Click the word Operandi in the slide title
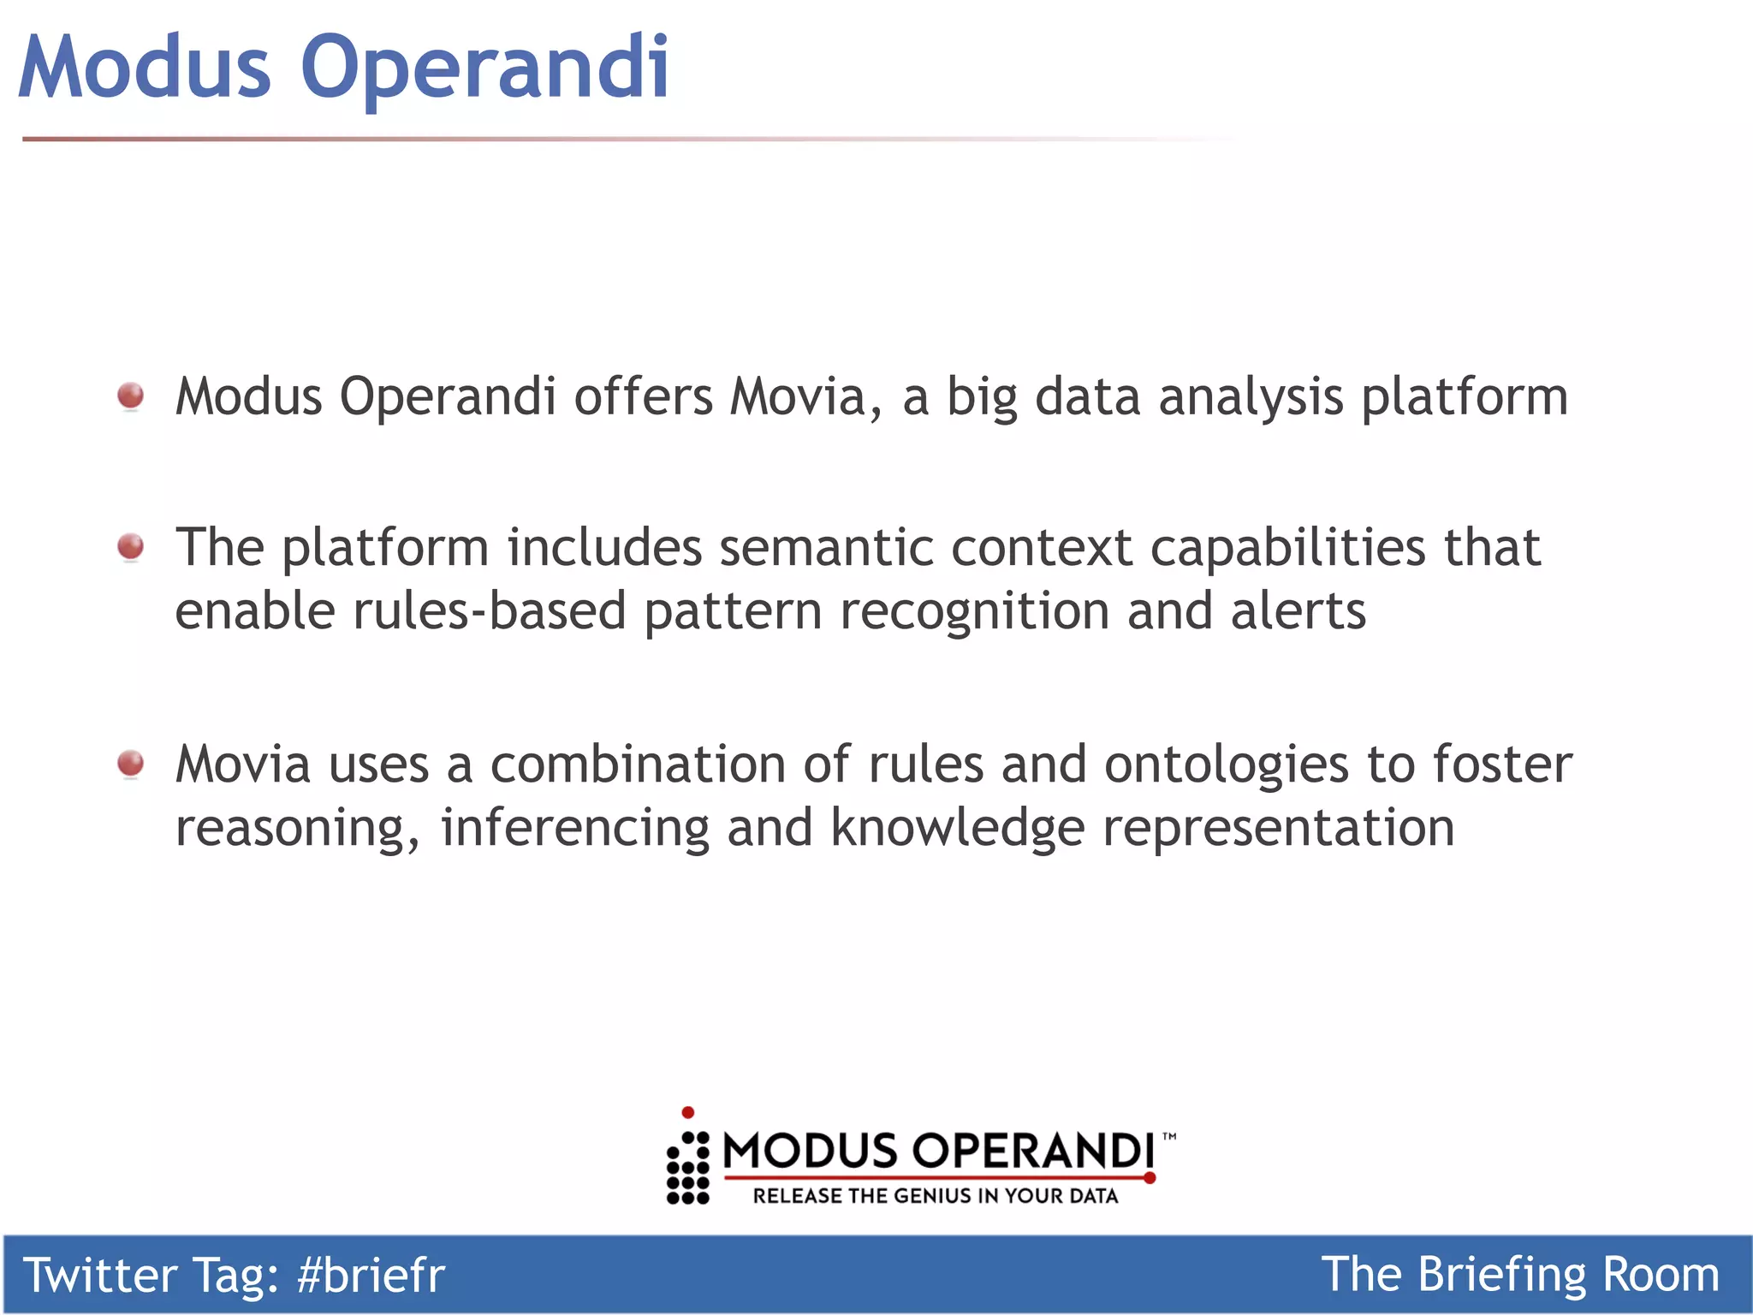(484, 68)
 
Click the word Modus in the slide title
(144, 68)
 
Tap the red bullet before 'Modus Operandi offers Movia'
(131, 396)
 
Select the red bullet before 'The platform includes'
(131, 546)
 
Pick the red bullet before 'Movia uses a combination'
(131, 763)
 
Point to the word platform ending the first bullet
(1464, 399)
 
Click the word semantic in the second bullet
(825, 548)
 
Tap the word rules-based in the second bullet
(489, 611)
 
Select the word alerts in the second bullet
(1298, 611)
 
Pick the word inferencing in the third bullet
(574, 829)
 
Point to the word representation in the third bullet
(1278, 829)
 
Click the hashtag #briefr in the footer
(371, 1275)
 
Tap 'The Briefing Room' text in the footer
(1519, 1274)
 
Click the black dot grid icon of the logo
(688, 1169)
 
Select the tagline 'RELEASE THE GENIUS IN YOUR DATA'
(935, 1196)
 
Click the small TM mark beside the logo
(1169, 1137)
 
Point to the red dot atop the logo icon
(687, 1112)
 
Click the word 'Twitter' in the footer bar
(99, 1275)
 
